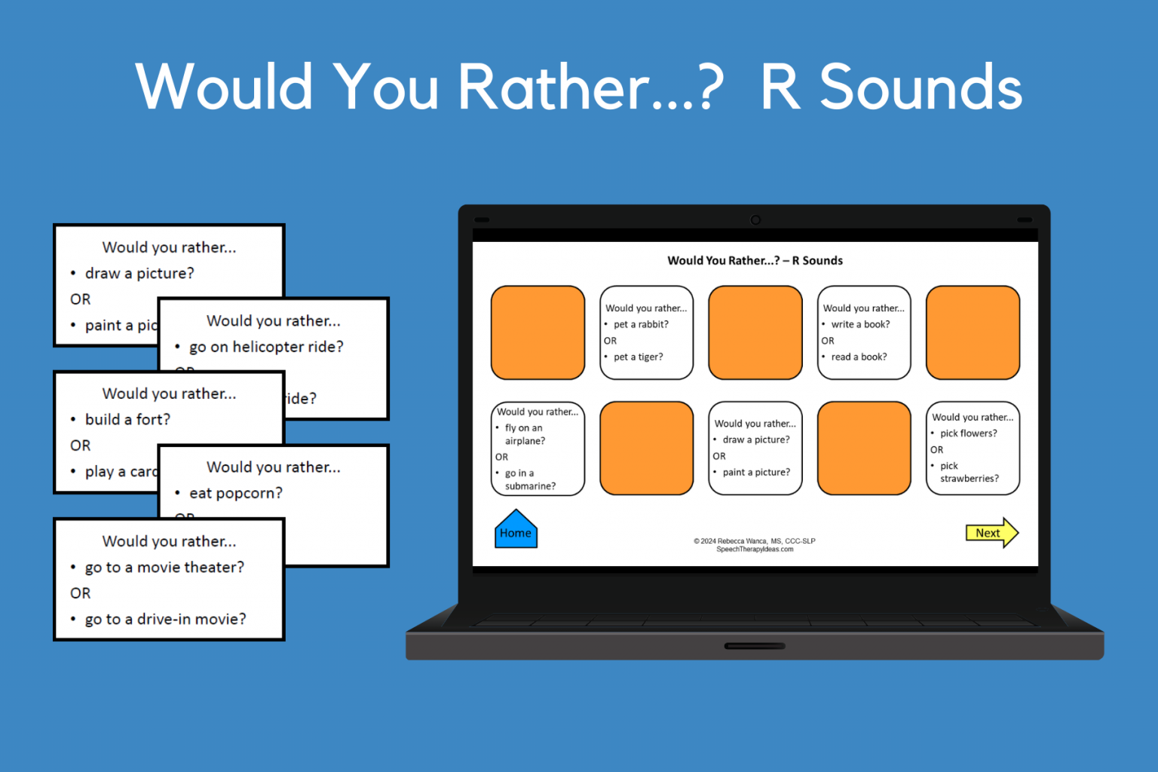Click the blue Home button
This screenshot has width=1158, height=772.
pos(516,531)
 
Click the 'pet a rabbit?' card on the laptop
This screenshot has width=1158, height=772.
pos(646,332)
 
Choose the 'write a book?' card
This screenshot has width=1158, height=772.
pos(864,332)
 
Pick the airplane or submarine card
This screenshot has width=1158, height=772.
pos(538,449)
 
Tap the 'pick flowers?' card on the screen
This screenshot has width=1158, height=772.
pos(973,449)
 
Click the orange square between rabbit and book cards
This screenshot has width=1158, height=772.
pos(755,332)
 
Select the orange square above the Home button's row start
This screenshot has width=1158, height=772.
pos(538,332)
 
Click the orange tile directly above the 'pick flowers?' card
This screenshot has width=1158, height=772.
pos(973,332)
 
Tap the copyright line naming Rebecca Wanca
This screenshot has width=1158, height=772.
pos(755,541)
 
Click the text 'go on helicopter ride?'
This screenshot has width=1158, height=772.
pos(266,347)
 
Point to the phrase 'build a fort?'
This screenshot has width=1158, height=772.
pos(127,419)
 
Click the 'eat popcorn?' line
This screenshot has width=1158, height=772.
pos(236,493)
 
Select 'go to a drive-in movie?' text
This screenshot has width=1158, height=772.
pos(165,619)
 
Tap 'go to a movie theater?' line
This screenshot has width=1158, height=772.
pos(164,567)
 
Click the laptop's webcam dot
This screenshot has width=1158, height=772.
pos(755,220)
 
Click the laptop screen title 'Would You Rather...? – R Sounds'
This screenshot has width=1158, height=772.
pos(755,261)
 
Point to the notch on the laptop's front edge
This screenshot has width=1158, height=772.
pos(755,646)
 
